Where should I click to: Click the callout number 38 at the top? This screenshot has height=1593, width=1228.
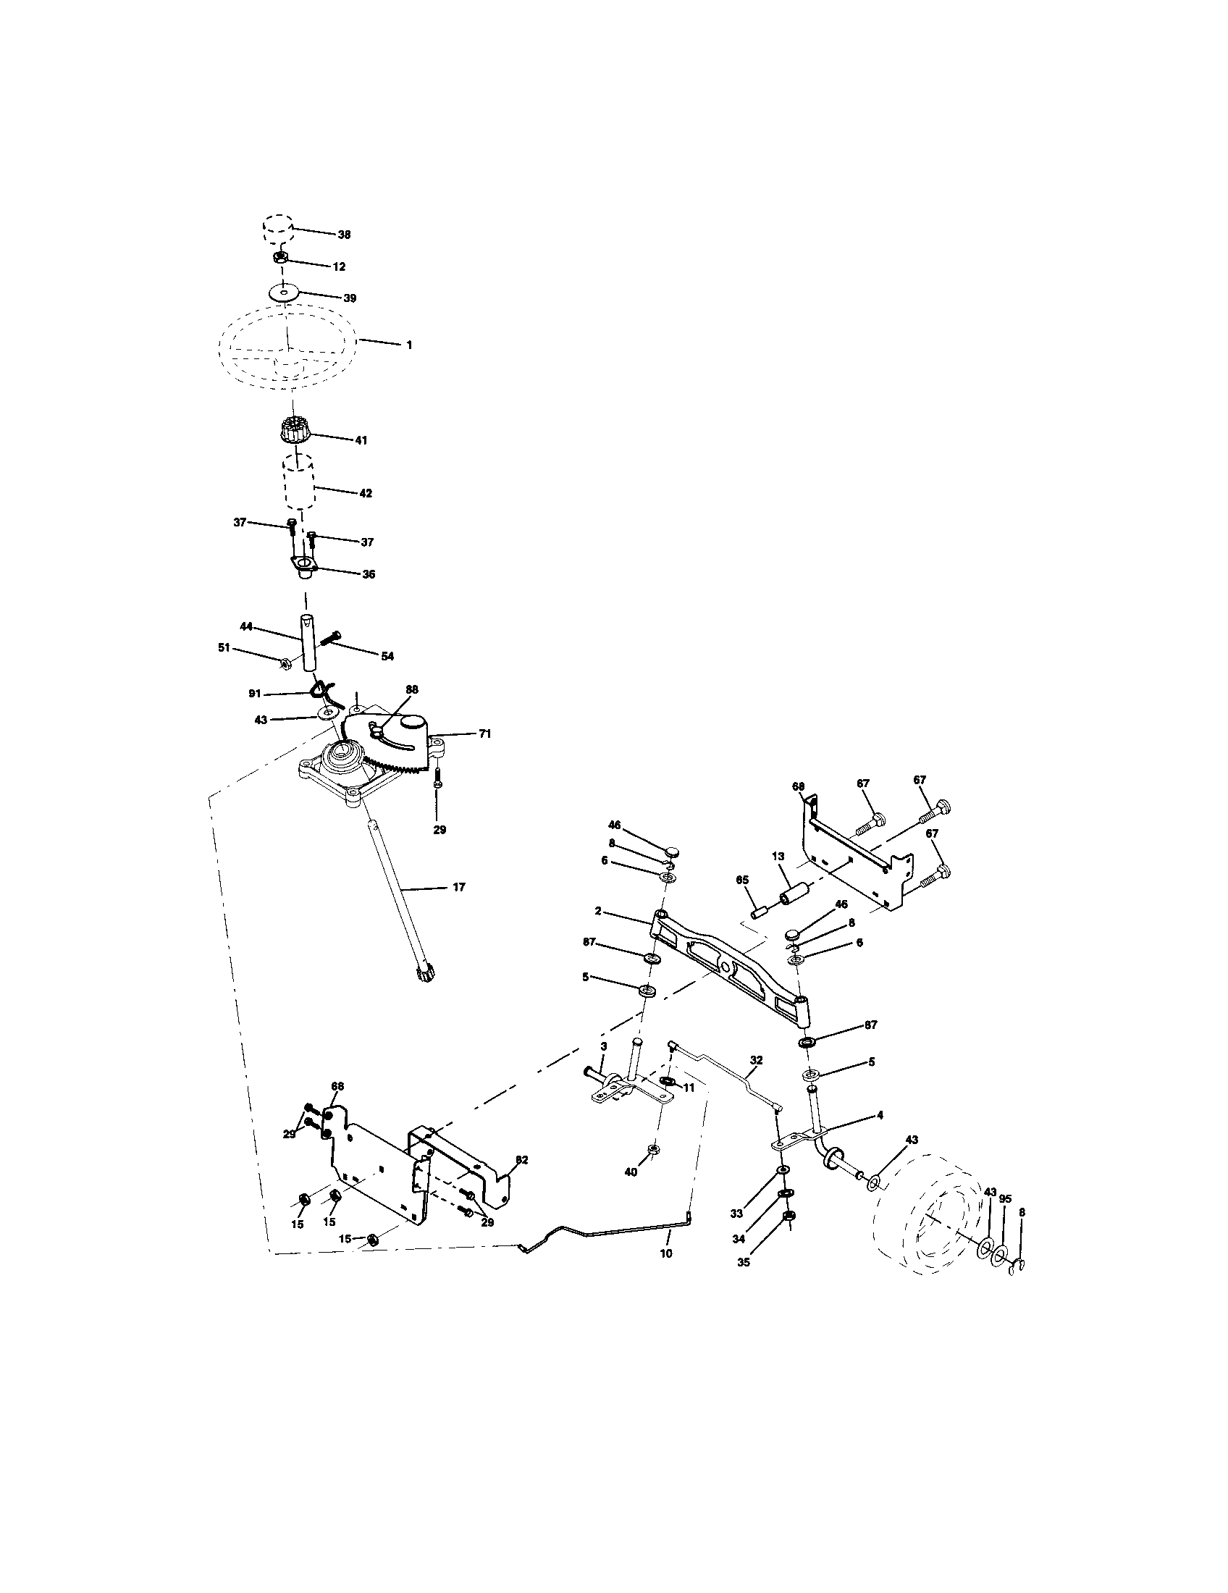coord(343,235)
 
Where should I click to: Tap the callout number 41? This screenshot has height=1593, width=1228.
coord(361,440)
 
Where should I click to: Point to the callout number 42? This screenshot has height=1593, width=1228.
coord(366,493)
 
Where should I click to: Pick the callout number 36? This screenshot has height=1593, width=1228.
coord(369,574)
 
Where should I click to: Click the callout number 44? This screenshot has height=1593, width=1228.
coord(246,626)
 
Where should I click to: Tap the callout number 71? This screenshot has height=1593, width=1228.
coord(484,734)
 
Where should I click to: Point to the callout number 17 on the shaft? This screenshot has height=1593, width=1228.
coord(458,887)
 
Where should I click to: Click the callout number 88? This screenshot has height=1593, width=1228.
coord(412,689)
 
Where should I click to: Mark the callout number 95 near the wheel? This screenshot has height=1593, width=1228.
coord(1005,1198)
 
